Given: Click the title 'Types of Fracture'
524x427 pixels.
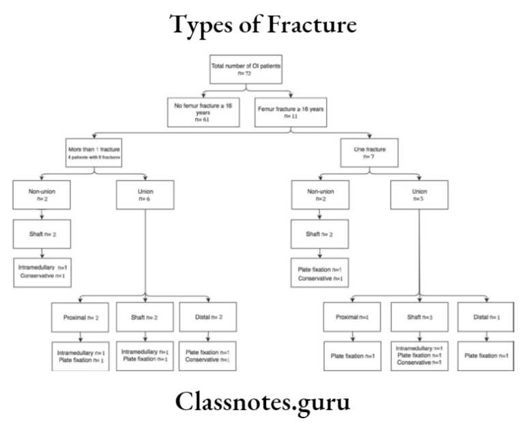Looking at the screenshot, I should click(261, 26).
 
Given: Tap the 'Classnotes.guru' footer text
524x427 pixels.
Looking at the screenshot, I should click(261, 401).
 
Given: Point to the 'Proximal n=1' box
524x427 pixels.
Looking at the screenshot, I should click(352, 318).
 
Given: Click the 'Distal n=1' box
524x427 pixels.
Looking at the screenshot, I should click(485, 318).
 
